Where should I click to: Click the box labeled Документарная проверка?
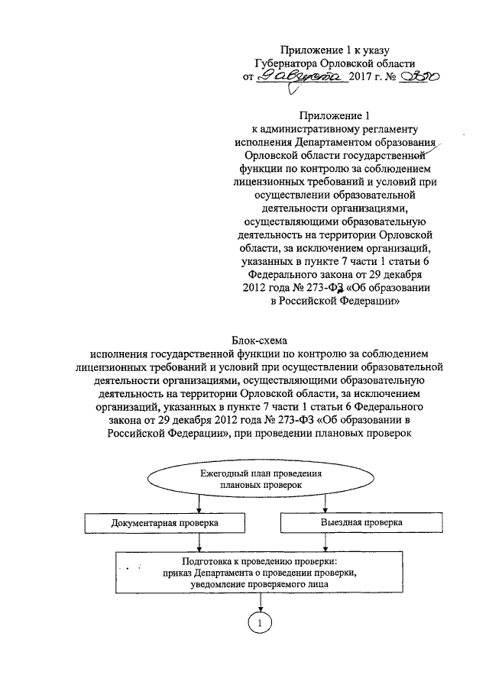164,523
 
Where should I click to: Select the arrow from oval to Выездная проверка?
326,503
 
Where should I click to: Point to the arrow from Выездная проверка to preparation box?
326,542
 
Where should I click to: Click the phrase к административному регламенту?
338,129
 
